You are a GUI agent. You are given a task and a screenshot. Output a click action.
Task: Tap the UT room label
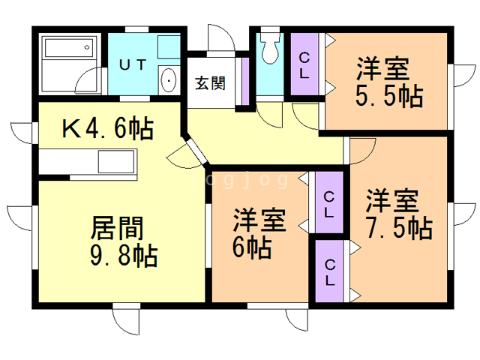[132, 65]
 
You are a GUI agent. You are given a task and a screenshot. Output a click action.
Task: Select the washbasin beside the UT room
[169, 79]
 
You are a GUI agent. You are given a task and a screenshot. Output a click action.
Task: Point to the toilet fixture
[269, 50]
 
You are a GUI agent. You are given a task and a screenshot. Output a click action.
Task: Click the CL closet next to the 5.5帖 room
[305, 65]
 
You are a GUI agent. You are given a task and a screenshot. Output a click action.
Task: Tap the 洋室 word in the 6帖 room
[259, 221]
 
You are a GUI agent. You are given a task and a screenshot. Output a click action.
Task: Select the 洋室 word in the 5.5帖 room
[382, 70]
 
